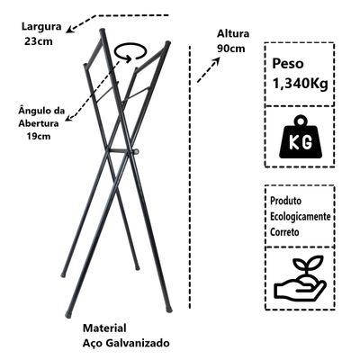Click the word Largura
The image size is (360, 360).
(41, 26)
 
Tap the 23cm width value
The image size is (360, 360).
(39, 41)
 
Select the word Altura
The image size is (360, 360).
(233, 33)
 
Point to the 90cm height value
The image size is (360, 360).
(231, 49)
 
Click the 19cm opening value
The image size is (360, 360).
(39, 136)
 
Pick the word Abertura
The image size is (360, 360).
(39, 123)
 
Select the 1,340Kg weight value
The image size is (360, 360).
(300, 84)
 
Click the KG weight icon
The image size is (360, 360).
(300, 138)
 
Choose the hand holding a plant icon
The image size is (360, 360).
(300, 279)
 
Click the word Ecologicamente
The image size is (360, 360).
(301, 217)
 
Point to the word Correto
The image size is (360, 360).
(284, 232)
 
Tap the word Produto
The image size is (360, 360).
(285, 201)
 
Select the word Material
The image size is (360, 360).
(104, 328)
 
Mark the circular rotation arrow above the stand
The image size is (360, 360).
(131, 52)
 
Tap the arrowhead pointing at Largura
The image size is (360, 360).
(70, 29)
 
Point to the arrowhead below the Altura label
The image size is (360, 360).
(216, 61)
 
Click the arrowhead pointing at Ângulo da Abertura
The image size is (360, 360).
(69, 117)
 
